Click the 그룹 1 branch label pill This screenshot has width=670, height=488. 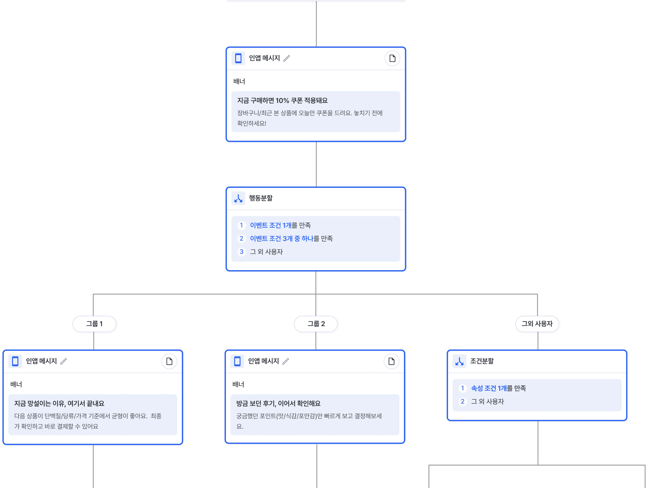tap(94, 324)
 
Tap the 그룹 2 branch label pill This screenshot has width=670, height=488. tap(316, 324)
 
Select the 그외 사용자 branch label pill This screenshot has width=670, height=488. tap(537, 324)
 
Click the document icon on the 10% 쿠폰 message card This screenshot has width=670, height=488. tap(392, 58)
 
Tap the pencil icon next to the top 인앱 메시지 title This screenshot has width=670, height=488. tap(287, 58)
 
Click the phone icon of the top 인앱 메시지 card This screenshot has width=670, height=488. tap(238, 58)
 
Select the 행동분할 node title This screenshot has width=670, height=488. tap(261, 198)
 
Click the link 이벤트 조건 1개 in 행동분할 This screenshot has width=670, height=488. tap(270, 225)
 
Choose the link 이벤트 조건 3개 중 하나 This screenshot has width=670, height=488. tap(281, 239)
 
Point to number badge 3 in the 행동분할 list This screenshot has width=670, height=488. tap(241, 252)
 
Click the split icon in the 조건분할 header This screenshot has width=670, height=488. tap(459, 361)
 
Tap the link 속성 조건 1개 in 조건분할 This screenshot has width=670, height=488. tap(489, 388)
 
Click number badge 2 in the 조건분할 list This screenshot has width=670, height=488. tap(463, 402)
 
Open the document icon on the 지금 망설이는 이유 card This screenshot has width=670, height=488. tap(169, 361)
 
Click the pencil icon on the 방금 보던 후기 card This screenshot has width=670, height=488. tap(286, 361)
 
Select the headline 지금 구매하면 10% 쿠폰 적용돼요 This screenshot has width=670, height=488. tap(282, 101)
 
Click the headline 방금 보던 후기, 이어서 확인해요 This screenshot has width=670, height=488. tap(278, 404)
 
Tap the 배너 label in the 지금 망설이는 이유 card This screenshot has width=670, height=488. tap(16, 385)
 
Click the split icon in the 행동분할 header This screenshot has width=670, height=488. tap(238, 198)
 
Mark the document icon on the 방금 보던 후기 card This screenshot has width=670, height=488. tap(392, 361)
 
